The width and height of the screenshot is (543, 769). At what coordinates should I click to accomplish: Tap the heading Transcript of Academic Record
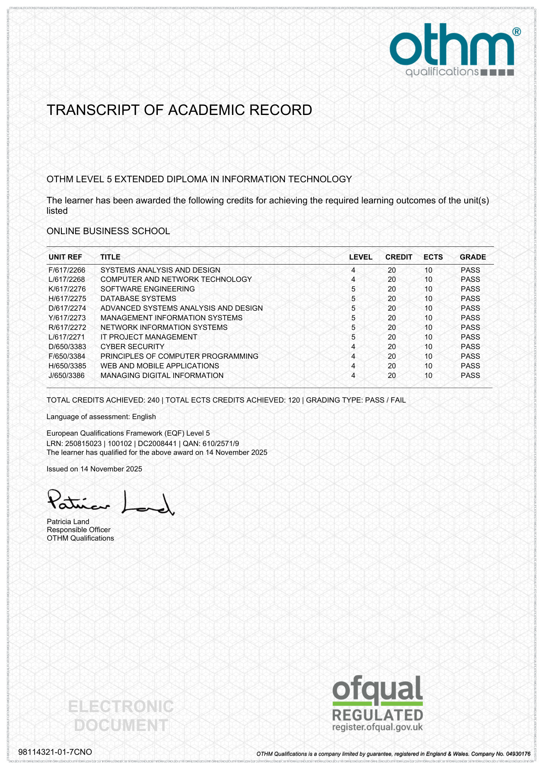pos(179,110)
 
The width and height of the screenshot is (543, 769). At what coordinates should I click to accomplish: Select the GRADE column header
pos(473,257)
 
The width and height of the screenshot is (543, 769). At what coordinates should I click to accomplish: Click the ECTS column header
pos(433,257)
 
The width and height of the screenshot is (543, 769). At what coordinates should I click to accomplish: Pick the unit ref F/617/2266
pos(67,270)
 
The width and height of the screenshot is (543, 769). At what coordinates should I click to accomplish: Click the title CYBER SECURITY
pos(132,347)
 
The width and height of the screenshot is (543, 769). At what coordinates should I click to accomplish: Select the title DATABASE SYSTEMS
pos(138,299)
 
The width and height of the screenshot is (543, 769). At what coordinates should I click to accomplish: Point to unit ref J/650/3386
pos(67,376)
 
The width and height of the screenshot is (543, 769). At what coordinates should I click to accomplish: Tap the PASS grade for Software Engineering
pos(470,289)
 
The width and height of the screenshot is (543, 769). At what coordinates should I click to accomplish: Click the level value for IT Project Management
pos(353,337)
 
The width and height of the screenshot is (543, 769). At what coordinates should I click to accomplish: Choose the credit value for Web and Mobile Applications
pos(392,366)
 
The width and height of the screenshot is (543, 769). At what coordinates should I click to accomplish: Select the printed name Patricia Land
pos(68,522)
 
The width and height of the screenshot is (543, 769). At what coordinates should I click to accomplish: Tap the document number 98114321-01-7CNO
pos(55,752)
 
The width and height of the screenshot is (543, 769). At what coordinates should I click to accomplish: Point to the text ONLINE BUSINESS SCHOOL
pos(108,231)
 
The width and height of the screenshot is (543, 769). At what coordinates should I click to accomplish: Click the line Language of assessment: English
pos(101,417)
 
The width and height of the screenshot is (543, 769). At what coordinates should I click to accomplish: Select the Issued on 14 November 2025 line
pos(94,469)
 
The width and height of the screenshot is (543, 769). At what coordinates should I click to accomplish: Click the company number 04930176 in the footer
pos(517,754)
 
